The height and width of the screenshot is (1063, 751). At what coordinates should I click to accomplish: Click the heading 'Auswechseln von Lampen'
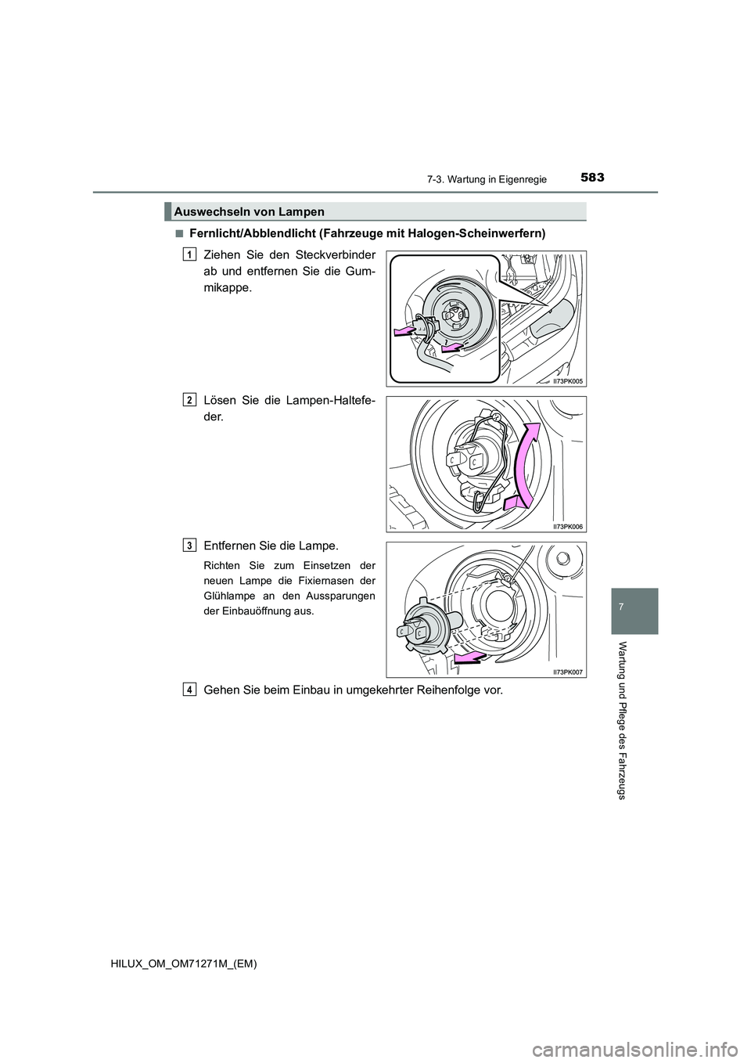pyautogui.click(x=249, y=211)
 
